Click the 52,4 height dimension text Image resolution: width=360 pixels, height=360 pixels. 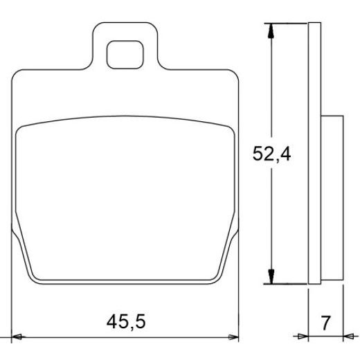click(x=271, y=154)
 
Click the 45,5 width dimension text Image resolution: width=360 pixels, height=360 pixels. click(x=126, y=321)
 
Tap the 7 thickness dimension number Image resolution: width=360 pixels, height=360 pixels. click(x=325, y=323)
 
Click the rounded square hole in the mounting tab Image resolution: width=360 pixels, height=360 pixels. click(x=125, y=55)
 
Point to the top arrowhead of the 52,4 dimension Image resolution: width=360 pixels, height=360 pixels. click(x=271, y=30)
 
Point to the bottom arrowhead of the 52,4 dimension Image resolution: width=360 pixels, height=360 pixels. click(x=271, y=276)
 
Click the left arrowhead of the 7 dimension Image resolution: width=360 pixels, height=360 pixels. click(x=303, y=336)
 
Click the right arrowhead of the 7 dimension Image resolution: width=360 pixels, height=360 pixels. click(x=348, y=336)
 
